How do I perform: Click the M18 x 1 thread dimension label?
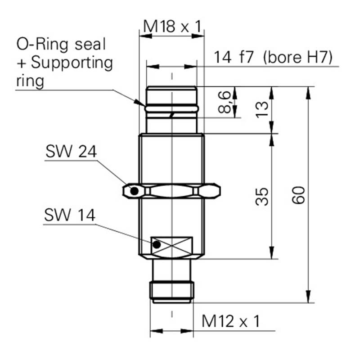pos(172,26)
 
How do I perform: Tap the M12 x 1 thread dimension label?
pos(231,321)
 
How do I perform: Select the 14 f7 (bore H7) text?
pos(273,58)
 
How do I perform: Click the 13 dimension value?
pos(262,110)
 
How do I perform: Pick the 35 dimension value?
pos(262,196)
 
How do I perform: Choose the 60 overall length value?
pos(298,195)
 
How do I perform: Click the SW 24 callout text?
pos(71,151)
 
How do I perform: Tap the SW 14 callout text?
pos(70,215)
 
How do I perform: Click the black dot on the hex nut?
pos(134,191)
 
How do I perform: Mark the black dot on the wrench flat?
pos(157,245)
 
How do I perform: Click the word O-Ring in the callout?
pos(42,44)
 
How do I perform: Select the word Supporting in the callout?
pos(72,63)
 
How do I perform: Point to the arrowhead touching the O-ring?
pos(140,103)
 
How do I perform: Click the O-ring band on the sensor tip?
pos(171,108)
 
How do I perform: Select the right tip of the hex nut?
pos(220,190)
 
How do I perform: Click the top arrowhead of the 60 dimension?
pos(308,93)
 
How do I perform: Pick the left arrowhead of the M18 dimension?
pos(145,36)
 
